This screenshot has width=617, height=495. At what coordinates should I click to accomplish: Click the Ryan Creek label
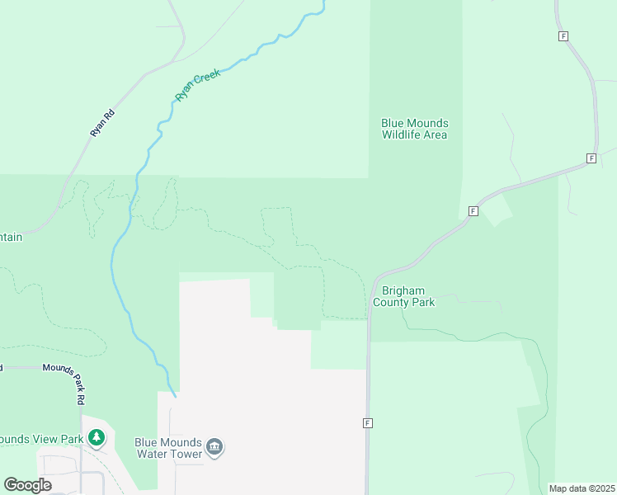(197, 85)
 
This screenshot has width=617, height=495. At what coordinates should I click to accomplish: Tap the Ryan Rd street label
(101, 124)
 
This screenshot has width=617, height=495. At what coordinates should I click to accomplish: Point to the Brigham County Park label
(403, 296)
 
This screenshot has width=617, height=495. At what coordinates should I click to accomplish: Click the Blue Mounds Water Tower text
(167, 447)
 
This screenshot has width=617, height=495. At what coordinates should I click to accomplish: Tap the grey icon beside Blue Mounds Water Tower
(215, 447)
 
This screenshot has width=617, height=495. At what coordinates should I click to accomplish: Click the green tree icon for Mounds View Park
(97, 436)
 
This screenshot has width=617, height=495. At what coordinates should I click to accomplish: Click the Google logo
(27, 485)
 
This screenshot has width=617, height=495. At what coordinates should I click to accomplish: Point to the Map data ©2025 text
(582, 488)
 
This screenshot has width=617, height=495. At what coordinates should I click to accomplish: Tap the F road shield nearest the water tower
(367, 423)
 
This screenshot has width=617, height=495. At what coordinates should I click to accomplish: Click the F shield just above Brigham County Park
(473, 211)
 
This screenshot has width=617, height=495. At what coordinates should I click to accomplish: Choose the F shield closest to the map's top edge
(563, 36)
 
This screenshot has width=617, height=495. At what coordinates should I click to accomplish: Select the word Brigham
(403, 290)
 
